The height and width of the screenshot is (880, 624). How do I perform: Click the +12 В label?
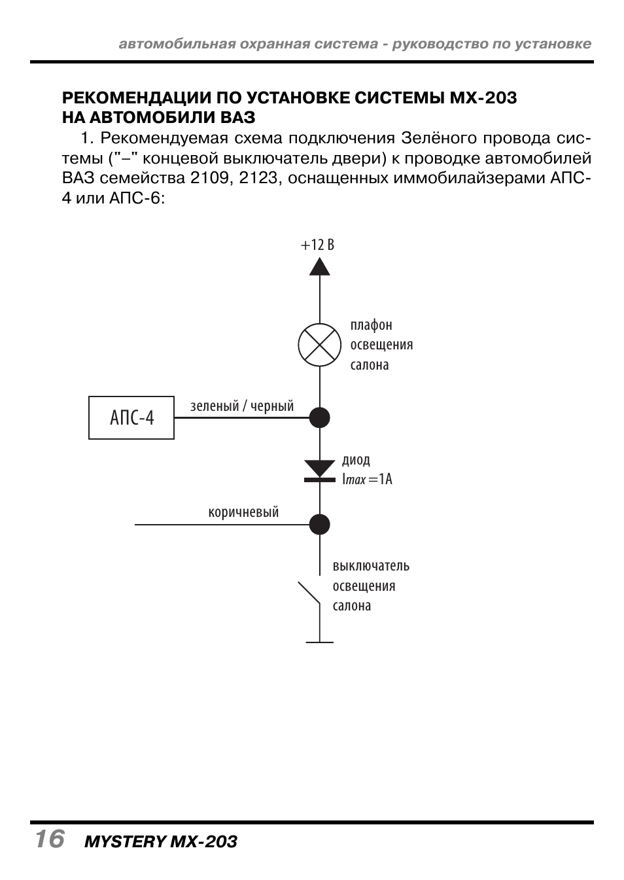tap(317, 245)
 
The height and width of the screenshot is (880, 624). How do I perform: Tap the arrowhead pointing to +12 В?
tap(320, 266)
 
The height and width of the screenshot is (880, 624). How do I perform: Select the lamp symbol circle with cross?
tap(320, 345)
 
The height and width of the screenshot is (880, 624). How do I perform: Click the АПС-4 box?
tap(131, 417)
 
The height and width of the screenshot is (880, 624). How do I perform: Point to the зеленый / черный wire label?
tap(242, 406)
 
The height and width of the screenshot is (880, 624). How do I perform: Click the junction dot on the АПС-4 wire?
tap(320, 417)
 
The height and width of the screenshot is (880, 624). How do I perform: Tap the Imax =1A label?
tap(368, 480)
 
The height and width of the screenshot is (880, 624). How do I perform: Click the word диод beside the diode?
tap(356, 460)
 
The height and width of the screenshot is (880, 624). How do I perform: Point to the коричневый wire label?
tap(243, 512)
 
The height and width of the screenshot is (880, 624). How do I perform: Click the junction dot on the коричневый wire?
tap(320, 525)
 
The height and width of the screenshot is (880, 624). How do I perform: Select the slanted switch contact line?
tap(309, 592)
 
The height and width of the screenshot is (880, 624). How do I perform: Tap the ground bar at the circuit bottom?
tap(320, 642)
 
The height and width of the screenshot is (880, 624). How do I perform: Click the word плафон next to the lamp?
tap(371, 325)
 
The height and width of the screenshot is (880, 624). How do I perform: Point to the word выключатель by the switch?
tap(371, 566)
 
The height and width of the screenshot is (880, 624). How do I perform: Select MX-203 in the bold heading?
tap(483, 98)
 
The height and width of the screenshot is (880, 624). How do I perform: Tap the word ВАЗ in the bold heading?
tap(237, 118)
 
